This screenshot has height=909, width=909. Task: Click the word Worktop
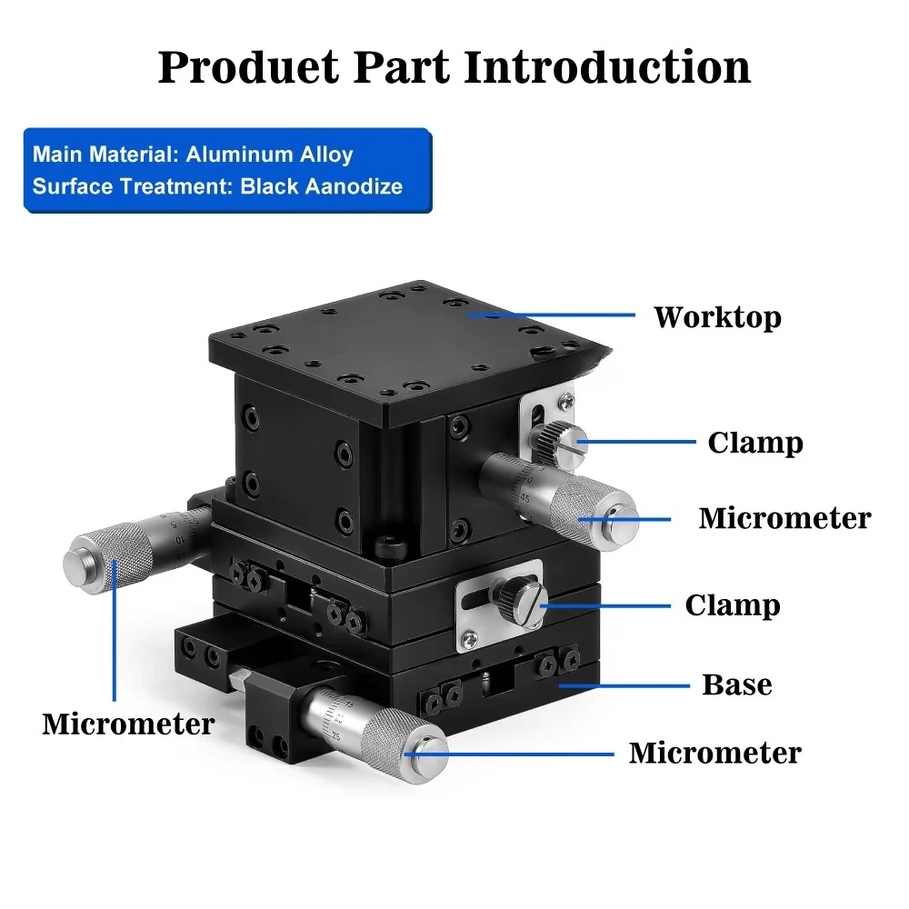point(718,317)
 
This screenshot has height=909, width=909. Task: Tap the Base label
point(737,684)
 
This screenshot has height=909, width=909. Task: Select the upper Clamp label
point(755,443)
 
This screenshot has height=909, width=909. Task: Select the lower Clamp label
point(733,605)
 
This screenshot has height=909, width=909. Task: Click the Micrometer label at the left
point(128,724)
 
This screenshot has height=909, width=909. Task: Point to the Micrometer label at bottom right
point(715,753)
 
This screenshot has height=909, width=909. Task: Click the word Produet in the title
point(248,67)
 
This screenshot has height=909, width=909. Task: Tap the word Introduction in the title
point(607,67)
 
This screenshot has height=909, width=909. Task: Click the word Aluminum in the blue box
point(239,155)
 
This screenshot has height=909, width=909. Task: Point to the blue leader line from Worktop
point(552,315)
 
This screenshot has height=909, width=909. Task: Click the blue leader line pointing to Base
point(624,685)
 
